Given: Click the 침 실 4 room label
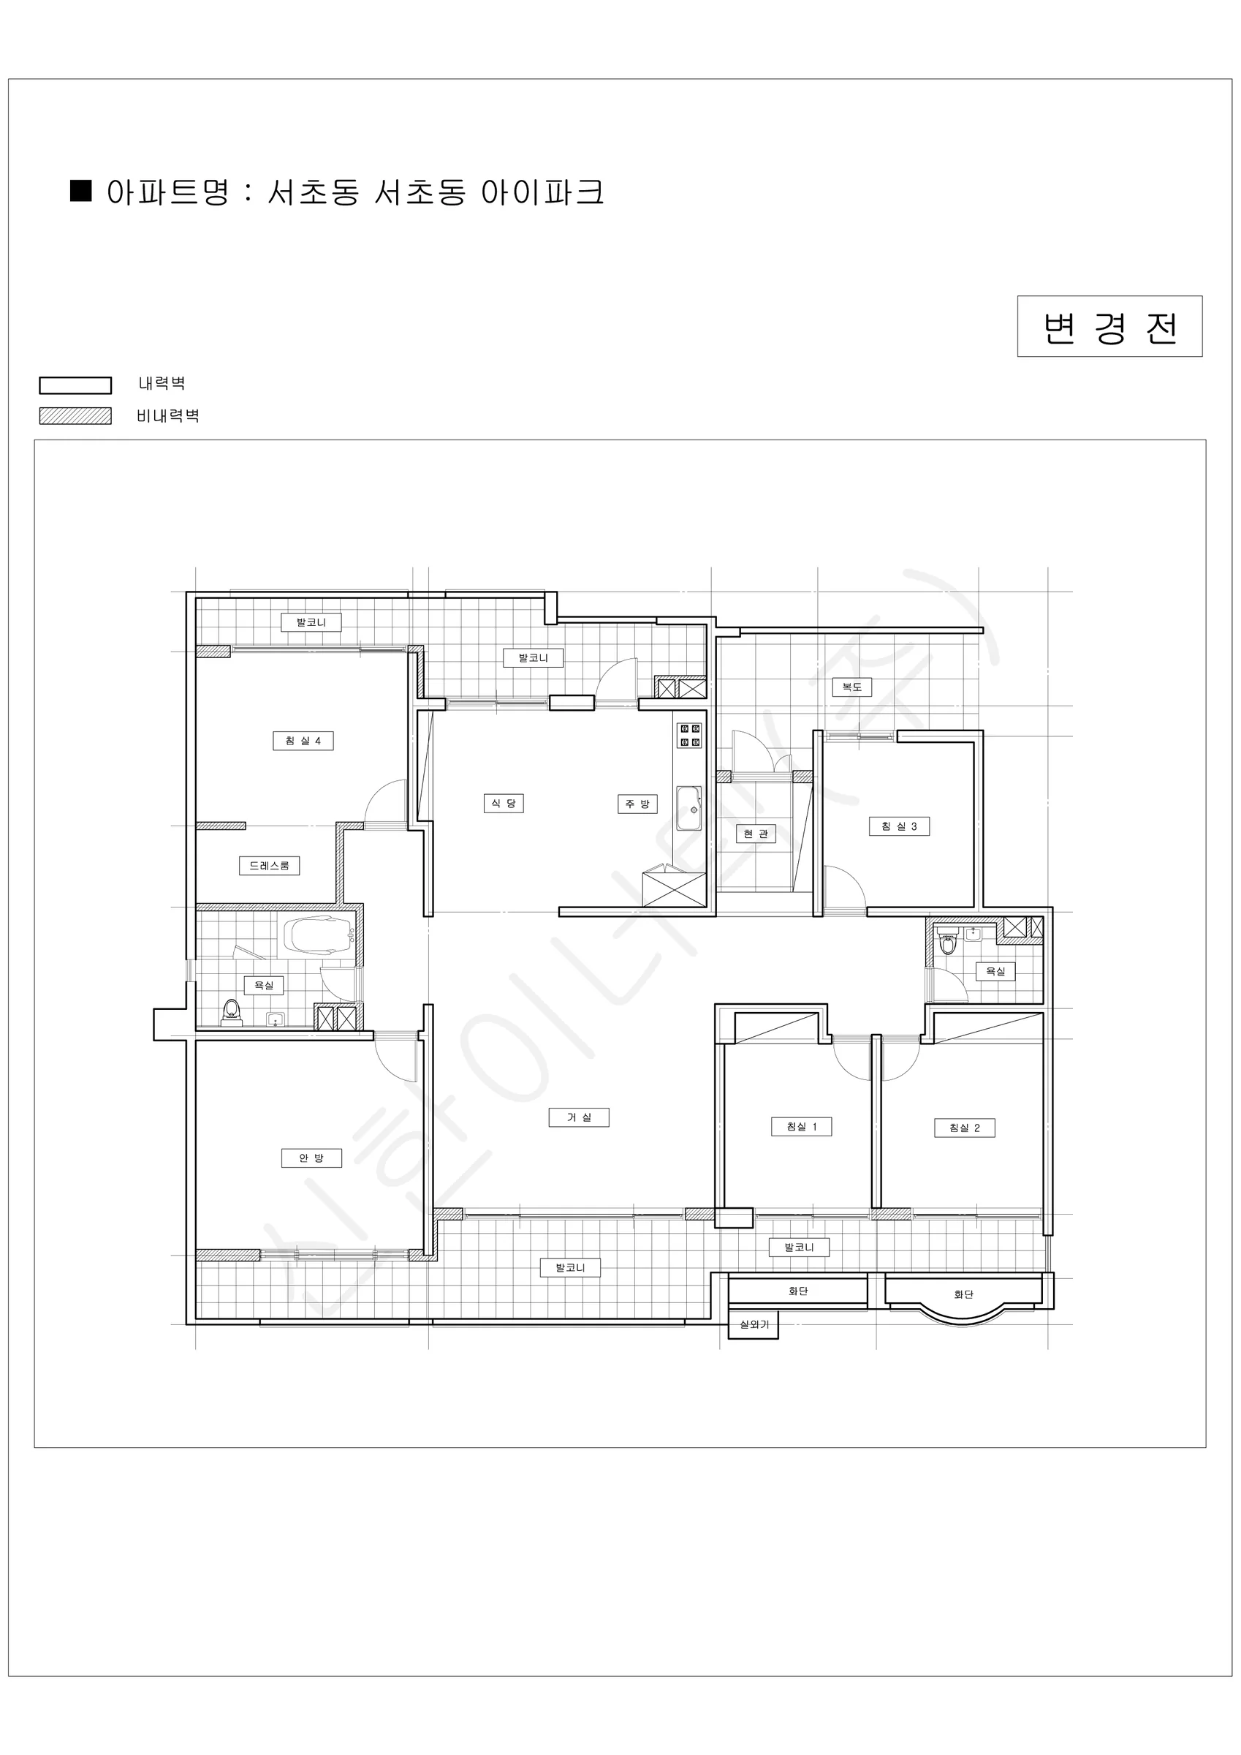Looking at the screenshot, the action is coord(303,741).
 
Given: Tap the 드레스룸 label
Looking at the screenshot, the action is coord(269,866).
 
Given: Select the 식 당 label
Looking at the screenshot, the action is coord(504,804).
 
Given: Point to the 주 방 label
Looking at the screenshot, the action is coord(637,804).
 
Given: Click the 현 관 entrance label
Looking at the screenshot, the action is coord(756,834).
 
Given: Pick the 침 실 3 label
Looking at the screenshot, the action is coord(900,826).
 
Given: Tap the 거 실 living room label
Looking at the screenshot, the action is coord(580,1117).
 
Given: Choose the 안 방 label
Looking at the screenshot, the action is coord(312,1158).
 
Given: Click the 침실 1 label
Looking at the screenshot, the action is coord(802,1127).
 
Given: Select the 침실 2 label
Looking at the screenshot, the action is coord(965,1128).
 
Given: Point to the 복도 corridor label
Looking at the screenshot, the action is coord(852,687).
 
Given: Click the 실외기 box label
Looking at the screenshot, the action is coord(754,1324).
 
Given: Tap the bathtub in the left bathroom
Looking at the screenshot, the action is coord(318,934).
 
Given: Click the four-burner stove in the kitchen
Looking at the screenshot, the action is coord(691,736).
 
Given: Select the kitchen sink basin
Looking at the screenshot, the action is coord(689,809).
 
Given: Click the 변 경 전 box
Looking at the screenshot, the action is coord(1109,326).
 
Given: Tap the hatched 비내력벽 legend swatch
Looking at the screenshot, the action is coord(76,416).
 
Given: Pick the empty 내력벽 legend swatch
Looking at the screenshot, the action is coord(76,385).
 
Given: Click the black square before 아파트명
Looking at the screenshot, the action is coord(81,190).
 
